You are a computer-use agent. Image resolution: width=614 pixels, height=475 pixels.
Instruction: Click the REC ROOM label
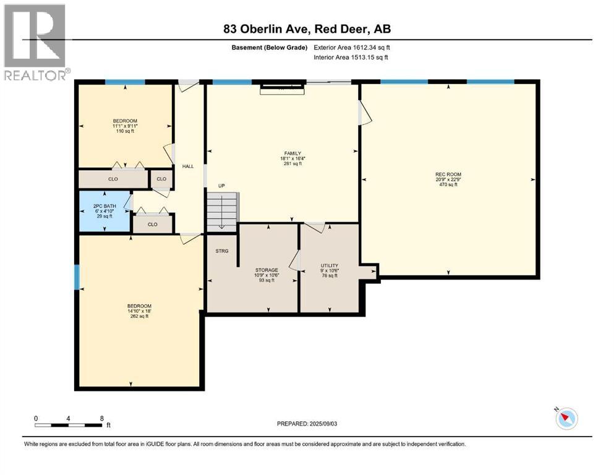[448, 174]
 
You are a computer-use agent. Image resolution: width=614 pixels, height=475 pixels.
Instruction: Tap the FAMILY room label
[292, 153]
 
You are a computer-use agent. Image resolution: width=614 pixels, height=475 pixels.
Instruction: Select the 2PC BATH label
[104, 206]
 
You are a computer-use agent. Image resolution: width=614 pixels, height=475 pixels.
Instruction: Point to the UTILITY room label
[330, 265]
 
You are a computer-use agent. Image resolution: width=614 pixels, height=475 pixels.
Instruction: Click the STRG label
[221, 251]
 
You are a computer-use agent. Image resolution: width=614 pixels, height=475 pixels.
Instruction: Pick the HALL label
[188, 166]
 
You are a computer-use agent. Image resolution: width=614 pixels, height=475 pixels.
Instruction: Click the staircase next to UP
[222, 212]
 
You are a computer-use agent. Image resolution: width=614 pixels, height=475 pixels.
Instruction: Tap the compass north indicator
[566, 418]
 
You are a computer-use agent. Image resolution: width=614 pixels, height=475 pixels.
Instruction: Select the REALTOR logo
[35, 42]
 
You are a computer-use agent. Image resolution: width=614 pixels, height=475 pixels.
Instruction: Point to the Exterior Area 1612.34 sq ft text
[352, 48]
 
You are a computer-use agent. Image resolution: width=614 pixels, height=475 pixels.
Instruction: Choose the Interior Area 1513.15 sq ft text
[351, 57]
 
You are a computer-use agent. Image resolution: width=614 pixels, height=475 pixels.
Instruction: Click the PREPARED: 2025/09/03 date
[307, 424]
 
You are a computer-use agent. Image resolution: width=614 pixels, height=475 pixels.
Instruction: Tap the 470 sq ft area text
[448, 184]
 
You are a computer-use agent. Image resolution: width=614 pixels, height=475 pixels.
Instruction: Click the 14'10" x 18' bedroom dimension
[139, 311]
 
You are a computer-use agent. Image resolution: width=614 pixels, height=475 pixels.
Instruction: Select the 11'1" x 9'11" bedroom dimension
[125, 126]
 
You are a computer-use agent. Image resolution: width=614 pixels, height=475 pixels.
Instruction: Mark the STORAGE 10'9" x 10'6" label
[266, 273]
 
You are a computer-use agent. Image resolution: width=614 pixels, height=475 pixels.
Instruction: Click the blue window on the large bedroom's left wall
[77, 277]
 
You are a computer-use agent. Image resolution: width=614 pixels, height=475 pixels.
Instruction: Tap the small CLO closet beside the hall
[161, 179]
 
